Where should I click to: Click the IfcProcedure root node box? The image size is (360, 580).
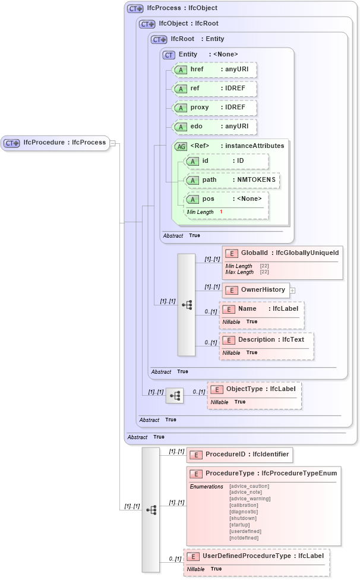tap(55, 143)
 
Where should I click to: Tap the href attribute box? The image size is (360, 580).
tap(214, 70)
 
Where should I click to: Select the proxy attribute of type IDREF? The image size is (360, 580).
tap(214, 108)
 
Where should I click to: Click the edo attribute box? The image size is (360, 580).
tap(214, 127)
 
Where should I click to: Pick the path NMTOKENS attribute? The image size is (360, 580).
tap(231, 180)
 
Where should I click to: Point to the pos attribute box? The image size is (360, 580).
tap(226, 199)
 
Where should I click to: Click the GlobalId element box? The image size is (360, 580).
tap(282, 253)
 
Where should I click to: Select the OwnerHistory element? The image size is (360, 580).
tap(256, 290)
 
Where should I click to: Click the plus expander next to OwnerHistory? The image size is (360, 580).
tap(292, 291)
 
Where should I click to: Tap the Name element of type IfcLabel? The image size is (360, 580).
tap(261, 309)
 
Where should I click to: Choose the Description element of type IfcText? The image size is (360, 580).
tap(266, 340)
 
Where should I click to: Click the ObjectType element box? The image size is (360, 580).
tap(254, 389)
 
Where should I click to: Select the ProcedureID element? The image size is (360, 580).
tap(239, 455)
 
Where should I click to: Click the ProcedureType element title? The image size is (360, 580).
tap(263, 474)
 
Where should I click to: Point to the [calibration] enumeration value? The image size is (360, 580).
tap(244, 505)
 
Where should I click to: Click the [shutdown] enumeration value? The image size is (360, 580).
tap(242, 518)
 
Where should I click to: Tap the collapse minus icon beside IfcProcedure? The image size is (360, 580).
tap(113, 143)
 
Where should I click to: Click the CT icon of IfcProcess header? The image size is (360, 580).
tap(135, 9)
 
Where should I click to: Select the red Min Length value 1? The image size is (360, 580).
tap(221, 212)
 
